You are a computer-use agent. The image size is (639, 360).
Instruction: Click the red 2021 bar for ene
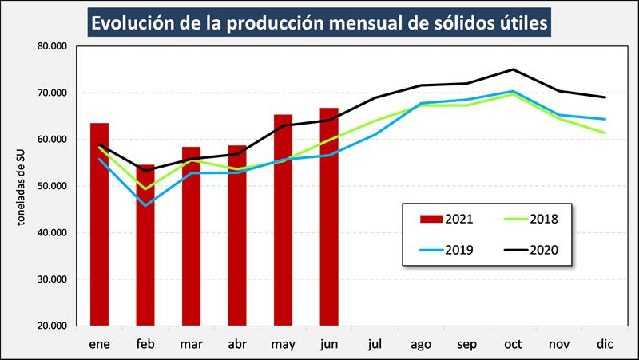pyautogui.click(x=99, y=224)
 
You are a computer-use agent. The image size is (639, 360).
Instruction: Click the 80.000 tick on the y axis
pyautogui.click(x=54, y=46)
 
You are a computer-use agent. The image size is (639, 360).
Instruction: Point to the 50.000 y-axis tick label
pyautogui.click(x=54, y=186)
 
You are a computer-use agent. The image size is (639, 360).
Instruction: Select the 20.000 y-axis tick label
pyautogui.click(x=54, y=326)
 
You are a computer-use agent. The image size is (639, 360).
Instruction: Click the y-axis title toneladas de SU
pyautogui.click(x=25, y=186)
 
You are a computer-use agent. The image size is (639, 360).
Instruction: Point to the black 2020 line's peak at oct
pyautogui.click(x=513, y=69)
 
